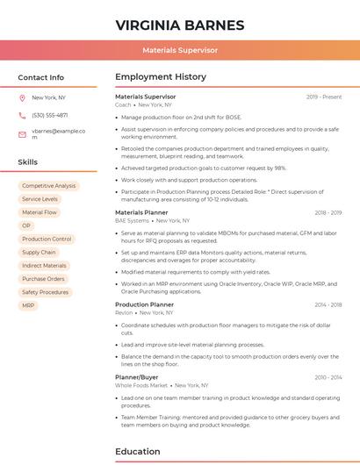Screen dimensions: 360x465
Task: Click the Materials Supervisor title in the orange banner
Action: pos(179,51)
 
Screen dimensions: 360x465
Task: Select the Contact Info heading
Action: pos(40,77)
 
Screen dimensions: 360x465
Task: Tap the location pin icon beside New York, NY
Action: pos(22,98)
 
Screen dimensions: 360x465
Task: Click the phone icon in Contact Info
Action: pos(22,115)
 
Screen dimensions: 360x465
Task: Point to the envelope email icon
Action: pos(22,133)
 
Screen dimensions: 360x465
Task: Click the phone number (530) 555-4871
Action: pos(49,115)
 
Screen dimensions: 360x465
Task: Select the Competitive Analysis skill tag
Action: pos(48,186)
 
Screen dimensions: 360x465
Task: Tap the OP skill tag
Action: pos(26,225)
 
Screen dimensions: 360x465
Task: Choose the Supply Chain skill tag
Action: pos(39,252)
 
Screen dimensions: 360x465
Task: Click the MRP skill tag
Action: pos(29,305)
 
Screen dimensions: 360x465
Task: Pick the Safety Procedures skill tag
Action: pos(45,292)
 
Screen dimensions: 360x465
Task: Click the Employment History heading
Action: pos(160,77)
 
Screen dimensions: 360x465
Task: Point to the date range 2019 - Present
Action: pos(324,97)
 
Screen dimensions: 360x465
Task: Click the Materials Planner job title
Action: pos(141,212)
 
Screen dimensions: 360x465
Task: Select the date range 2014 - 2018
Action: pos(328,304)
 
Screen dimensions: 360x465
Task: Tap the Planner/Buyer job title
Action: pos(136,376)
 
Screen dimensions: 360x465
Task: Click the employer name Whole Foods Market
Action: pos(140,385)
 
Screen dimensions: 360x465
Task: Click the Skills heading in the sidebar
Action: pos(27,162)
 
